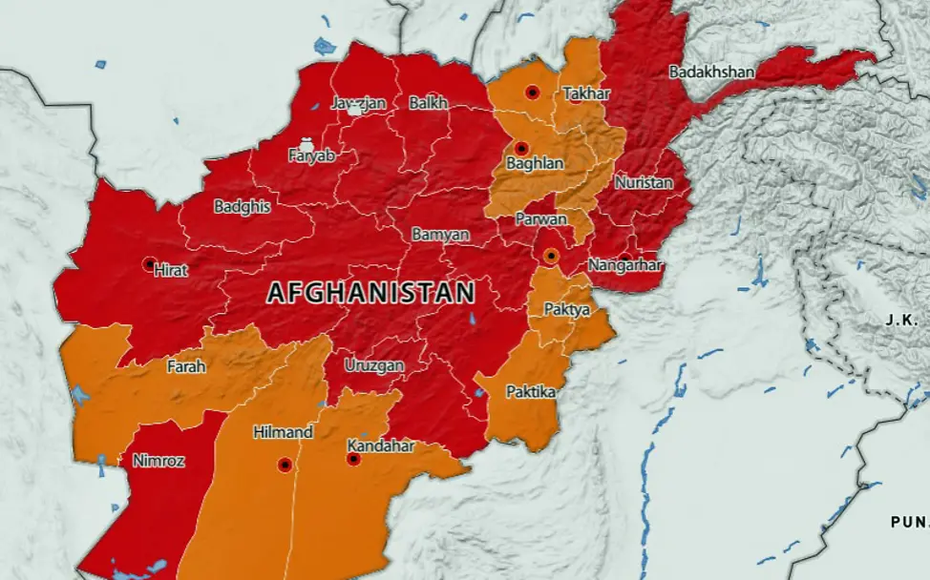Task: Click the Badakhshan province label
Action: (x=711, y=72)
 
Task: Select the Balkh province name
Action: (x=428, y=103)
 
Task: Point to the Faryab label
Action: (x=311, y=155)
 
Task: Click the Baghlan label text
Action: (x=535, y=164)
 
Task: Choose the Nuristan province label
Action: (x=644, y=182)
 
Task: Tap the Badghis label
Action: (x=242, y=206)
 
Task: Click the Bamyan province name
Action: (x=440, y=234)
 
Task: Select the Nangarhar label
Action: (x=624, y=264)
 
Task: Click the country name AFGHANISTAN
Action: (x=370, y=293)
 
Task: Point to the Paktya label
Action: (x=566, y=310)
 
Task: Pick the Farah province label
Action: (x=186, y=366)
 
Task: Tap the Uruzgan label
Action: (x=374, y=365)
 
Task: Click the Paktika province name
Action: (x=531, y=392)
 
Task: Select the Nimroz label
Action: (x=159, y=461)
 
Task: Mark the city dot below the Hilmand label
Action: (x=284, y=465)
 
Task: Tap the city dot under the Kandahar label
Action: (x=353, y=459)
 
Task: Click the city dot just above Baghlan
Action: (x=521, y=148)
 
